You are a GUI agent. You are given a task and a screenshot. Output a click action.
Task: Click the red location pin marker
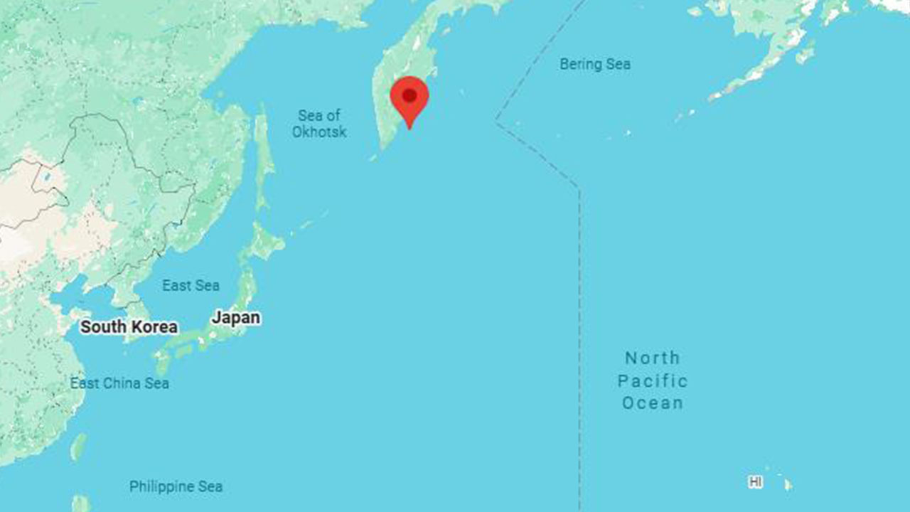coord(409,100)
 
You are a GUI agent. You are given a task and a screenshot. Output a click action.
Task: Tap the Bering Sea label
coord(595,64)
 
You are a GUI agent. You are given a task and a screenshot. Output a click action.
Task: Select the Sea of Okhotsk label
coord(319,123)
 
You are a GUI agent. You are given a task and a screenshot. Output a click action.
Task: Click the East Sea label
coord(191,285)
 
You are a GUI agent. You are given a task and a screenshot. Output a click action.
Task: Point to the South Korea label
coord(129,327)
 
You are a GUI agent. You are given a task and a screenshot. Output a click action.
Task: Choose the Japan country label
coord(236,318)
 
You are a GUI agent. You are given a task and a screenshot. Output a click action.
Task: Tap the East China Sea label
coord(119,383)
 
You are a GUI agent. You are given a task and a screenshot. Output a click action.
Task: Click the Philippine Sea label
coord(176,486)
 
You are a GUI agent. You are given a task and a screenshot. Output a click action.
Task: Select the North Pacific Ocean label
coord(653,380)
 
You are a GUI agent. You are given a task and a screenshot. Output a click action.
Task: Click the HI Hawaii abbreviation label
coord(756,482)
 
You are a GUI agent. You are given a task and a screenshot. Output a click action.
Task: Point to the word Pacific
coord(653,380)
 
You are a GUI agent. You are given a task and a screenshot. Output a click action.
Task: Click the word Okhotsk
coord(319,132)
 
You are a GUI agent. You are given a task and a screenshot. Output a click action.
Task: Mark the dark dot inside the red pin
coord(409,95)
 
